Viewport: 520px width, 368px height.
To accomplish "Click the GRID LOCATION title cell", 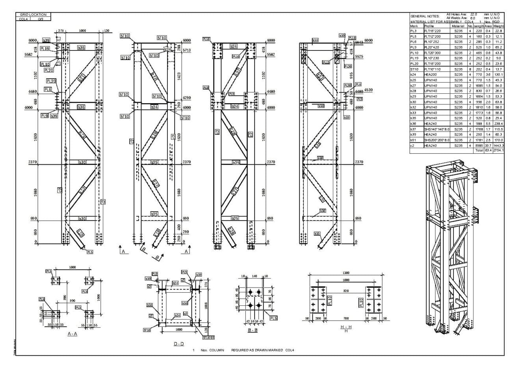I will (33, 15).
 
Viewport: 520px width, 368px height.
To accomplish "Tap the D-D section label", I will (179, 344).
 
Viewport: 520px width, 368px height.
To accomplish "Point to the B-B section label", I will (253, 330).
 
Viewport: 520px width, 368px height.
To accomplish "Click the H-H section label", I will (346, 327).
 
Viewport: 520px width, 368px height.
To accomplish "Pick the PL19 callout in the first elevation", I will (45, 49).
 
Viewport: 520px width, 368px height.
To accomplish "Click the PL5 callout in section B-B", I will (273, 318).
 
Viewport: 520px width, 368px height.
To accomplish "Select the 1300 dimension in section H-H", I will (345, 273).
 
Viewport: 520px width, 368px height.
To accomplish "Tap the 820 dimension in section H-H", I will (345, 291).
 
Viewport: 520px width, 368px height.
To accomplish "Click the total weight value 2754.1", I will (498, 151).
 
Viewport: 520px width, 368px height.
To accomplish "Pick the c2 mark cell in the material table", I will (412, 145).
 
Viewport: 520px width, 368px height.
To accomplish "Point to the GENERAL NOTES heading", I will (425, 17).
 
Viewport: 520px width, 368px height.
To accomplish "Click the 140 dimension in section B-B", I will (254, 277).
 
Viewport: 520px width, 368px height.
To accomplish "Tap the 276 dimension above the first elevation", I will (61, 30).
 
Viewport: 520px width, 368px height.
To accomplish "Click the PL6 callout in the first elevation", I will (48, 89).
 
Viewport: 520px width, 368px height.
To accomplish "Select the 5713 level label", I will (187, 50).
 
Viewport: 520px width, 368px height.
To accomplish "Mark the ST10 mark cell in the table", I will (414, 69).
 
